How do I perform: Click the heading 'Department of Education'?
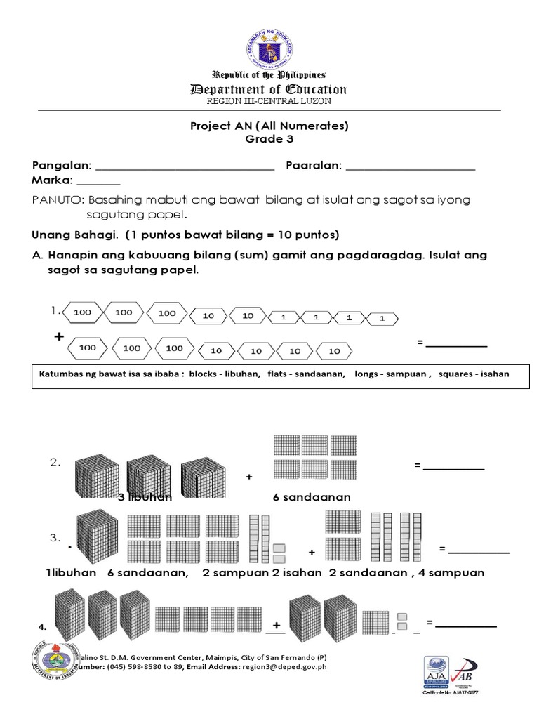tap(269, 89)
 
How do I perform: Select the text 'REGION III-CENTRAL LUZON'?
tap(269, 101)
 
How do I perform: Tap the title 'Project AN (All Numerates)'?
tap(269, 126)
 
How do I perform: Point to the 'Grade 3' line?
tap(269, 139)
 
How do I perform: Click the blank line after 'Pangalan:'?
tap(184, 168)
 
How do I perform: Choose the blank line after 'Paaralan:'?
tap(411, 168)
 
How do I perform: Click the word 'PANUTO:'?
tap(58, 200)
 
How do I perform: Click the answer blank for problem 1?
tap(456, 344)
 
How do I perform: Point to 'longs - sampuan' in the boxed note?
tap(392, 374)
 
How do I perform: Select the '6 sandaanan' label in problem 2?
tap(312, 498)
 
